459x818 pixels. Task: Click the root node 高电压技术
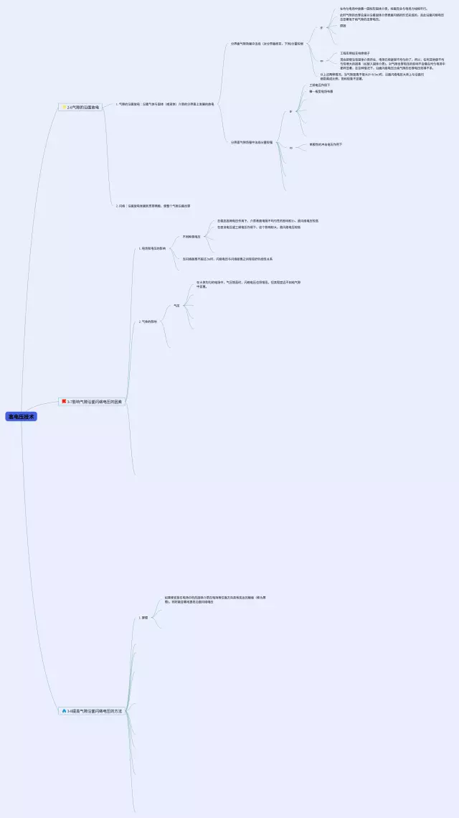point(21,416)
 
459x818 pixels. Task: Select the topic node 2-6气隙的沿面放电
point(81,107)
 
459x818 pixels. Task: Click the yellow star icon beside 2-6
point(64,107)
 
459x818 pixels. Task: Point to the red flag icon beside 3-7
point(64,402)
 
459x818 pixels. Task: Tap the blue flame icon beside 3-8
point(64,710)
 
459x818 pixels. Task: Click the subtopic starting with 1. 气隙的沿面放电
point(165,104)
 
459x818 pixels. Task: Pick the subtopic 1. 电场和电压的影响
point(152,248)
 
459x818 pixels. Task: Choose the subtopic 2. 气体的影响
point(148,321)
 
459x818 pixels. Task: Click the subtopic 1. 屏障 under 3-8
point(143,617)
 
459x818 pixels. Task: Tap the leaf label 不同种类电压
point(191,235)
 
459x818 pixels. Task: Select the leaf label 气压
point(176,306)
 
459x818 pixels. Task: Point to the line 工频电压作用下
point(320,85)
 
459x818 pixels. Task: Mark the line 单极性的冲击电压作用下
point(326,144)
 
